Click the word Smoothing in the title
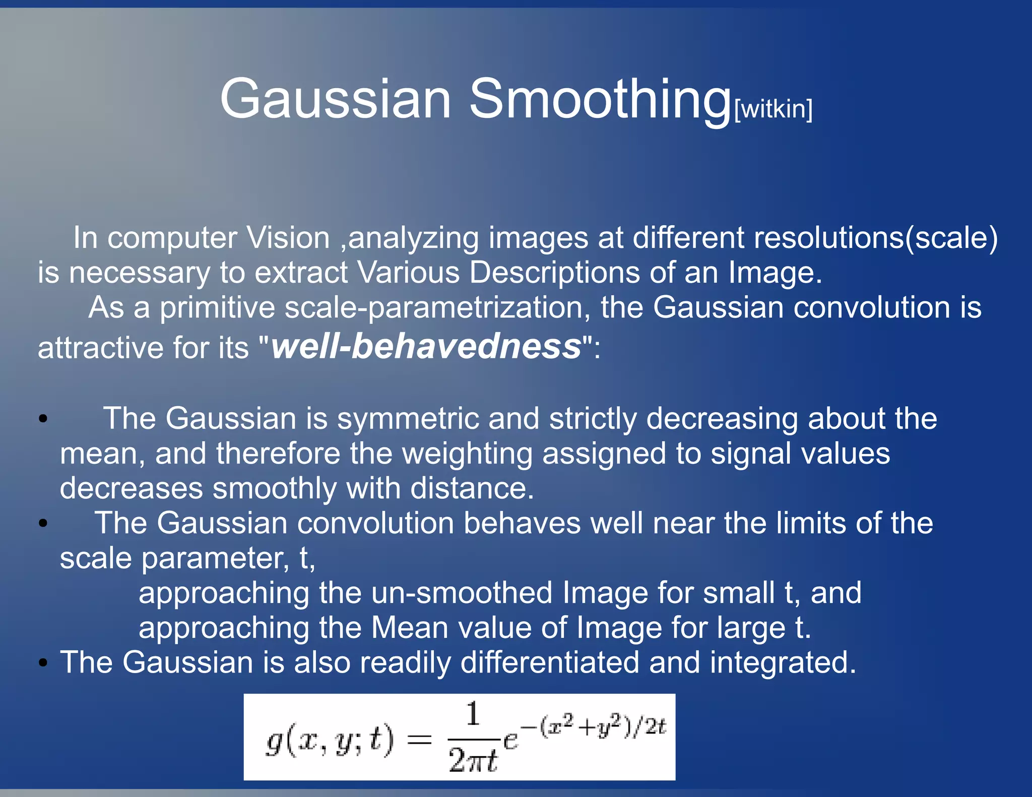tap(600, 99)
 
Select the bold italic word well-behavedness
tap(426, 347)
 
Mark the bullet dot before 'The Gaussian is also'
tap(43, 663)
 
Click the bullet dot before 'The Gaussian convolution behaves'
tap(43, 524)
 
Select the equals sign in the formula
tap(419, 740)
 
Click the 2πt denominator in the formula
tap(473, 760)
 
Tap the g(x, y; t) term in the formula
tap(330, 741)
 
